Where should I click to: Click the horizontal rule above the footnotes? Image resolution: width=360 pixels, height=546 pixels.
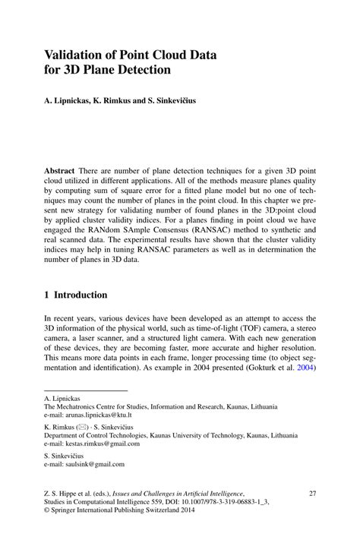[74, 391]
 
